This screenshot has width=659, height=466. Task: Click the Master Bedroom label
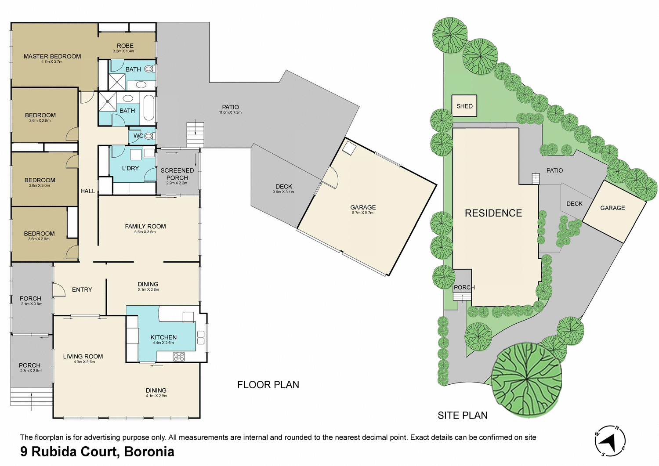tap(52, 56)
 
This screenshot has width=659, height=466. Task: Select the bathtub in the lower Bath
tap(149, 108)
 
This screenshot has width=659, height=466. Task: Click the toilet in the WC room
tap(149, 136)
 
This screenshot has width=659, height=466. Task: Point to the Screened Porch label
tap(177, 174)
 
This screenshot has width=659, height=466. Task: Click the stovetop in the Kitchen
tap(179, 357)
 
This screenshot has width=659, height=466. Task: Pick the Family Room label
tap(145, 226)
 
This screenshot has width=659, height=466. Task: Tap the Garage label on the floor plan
tap(363, 207)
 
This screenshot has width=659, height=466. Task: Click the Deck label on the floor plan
tap(284, 187)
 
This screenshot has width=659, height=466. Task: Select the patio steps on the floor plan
tap(195, 134)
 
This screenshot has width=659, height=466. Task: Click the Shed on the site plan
tap(464, 106)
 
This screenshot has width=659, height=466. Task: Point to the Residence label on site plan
tap(493, 213)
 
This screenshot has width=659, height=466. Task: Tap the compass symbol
tap(610, 440)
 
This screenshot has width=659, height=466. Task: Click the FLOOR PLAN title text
tap(268, 385)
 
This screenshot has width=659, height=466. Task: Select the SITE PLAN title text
tap(463, 415)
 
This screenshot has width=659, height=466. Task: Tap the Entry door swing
tap(59, 290)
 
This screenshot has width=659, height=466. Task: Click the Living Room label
tap(83, 357)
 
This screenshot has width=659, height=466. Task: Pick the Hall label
tap(88, 191)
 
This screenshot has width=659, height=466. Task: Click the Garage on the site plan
tap(612, 208)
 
